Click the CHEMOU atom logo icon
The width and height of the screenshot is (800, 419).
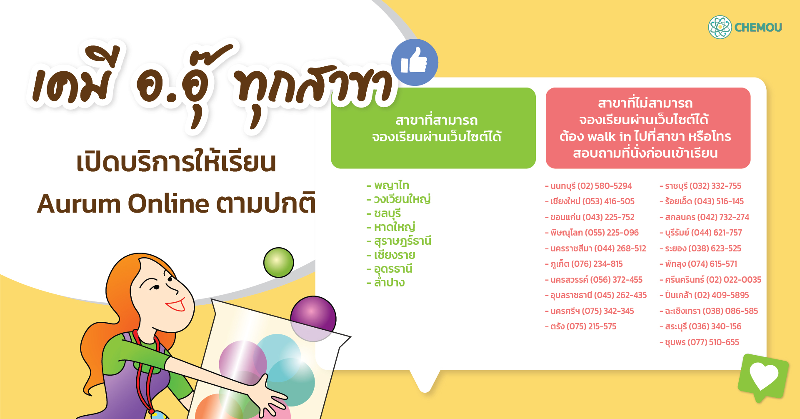pyautogui.click(x=720, y=27)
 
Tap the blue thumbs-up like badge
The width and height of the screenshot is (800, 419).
pyautogui.click(x=415, y=63)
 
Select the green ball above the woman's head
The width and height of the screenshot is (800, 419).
pyautogui.click(x=279, y=262)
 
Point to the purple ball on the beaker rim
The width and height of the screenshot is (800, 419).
pyautogui.click(x=313, y=319)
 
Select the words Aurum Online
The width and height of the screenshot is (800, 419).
pyautogui.click(x=123, y=203)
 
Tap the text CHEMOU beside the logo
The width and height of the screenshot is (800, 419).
pyautogui.click(x=758, y=28)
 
